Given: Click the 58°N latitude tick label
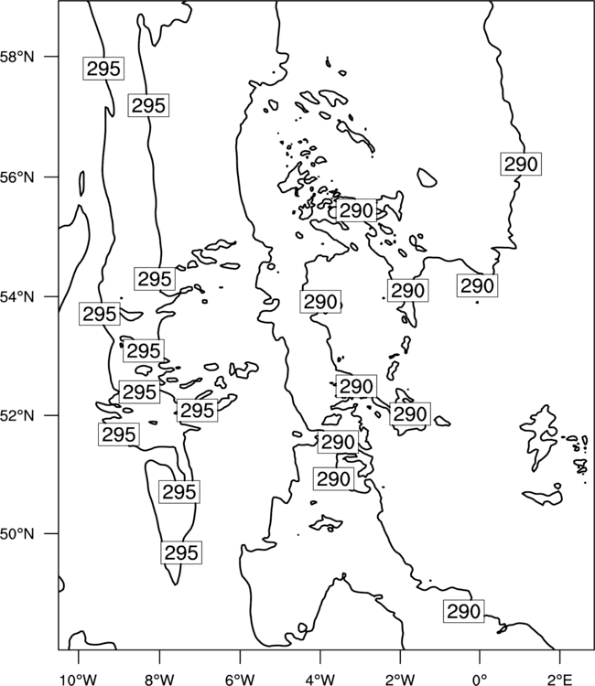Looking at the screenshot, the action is pyautogui.click(x=16, y=57).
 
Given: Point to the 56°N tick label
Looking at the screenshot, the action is pyautogui.click(x=16, y=177).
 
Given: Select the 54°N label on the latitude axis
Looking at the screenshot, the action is pyautogui.click(x=16, y=297).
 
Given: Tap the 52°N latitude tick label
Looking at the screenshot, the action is pyautogui.click(x=16, y=415).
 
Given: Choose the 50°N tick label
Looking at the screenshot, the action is pyautogui.click(x=16, y=534).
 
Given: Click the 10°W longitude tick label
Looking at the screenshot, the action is pyautogui.click(x=79, y=680).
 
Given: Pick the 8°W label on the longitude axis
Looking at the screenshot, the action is pyautogui.click(x=159, y=680).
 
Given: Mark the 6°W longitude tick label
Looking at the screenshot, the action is pyautogui.click(x=240, y=680).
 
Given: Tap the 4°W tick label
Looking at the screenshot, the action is pyautogui.click(x=319, y=680).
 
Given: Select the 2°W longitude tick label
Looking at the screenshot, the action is pyautogui.click(x=400, y=680).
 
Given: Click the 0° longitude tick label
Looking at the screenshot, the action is pyautogui.click(x=480, y=680).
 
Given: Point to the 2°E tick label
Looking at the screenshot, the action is pyautogui.click(x=560, y=680).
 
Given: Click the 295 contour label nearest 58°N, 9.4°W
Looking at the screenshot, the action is pyautogui.click(x=103, y=69).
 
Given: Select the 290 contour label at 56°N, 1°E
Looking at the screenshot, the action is pyautogui.click(x=521, y=164).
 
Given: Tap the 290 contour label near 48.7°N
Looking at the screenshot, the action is pyautogui.click(x=464, y=611).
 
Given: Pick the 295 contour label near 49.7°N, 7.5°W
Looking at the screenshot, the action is pyautogui.click(x=181, y=552).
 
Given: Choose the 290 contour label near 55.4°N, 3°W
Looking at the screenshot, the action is pyautogui.click(x=356, y=210).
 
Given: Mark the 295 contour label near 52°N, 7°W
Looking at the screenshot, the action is pyautogui.click(x=197, y=411).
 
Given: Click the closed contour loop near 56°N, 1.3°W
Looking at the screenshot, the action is pyautogui.click(x=427, y=177).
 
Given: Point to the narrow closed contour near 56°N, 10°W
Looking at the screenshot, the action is pyautogui.click(x=81, y=184).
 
